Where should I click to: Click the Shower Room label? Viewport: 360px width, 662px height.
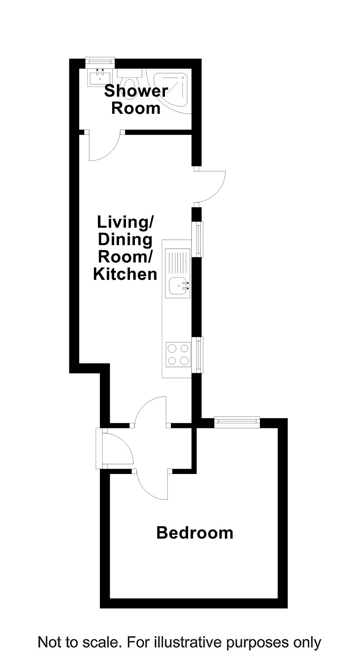point(136,100)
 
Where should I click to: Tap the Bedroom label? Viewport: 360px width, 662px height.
point(195,533)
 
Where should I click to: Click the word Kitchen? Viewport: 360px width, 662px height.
point(125,274)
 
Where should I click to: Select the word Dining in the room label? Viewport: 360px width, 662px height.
point(125,239)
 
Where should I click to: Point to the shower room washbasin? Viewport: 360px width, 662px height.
point(100,77)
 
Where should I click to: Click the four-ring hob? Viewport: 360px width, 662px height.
point(178,354)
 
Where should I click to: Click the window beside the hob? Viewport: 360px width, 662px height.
point(197,355)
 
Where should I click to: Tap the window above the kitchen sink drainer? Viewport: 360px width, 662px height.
point(197,239)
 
